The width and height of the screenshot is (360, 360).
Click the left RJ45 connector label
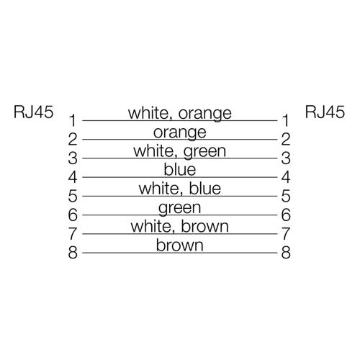click(33, 112)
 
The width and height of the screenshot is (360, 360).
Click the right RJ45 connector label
click(325, 112)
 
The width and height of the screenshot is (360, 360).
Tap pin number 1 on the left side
click(73, 120)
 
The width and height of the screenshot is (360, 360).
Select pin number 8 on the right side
click(286, 253)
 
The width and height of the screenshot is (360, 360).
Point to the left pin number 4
click(73, 177)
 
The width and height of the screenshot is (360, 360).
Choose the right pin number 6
click(286, 215)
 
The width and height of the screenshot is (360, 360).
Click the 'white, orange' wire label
click(180, 114)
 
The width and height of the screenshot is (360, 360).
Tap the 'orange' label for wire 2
click(180, 132)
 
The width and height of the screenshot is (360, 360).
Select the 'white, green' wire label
click(180, 151)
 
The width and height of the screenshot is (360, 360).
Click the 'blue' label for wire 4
click(180, 169)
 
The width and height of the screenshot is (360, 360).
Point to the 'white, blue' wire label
click(180, 189)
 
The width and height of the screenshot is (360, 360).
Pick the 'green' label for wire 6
click(180, 208)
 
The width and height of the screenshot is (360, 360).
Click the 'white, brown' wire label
click(180, 226)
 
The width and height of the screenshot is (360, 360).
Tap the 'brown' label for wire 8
click(180, 245)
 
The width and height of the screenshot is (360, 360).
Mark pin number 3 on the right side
click(286, 158)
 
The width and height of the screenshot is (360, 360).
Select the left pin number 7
click(73, 234)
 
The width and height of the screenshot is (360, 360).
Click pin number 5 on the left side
click(73, 196)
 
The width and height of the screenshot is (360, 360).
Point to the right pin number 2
click(286, 139)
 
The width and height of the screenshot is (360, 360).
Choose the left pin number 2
click(73, 139)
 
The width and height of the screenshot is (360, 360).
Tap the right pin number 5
click(286, 196)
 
